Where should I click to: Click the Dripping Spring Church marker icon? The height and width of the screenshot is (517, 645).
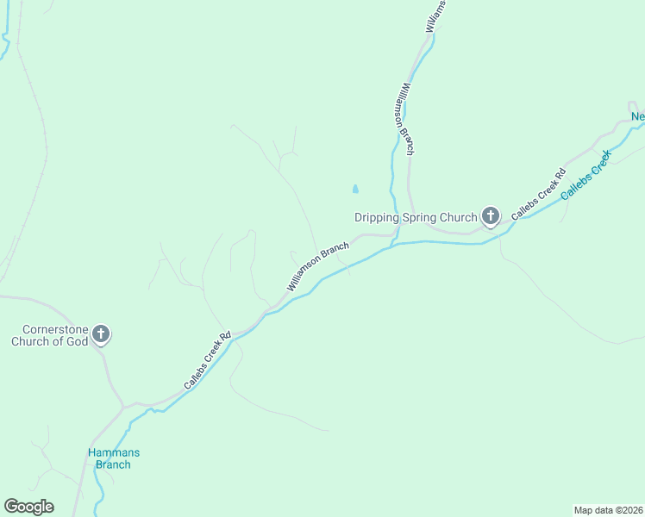point(491,215)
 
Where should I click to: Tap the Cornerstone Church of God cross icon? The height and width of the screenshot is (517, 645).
point(101,333)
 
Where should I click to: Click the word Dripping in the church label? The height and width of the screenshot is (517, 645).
point(377,218)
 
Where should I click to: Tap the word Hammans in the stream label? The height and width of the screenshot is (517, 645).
point(113,453)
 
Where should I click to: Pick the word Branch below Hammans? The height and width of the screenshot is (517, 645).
point(113,465)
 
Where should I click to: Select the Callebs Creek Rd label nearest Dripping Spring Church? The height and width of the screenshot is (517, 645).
point(538,195)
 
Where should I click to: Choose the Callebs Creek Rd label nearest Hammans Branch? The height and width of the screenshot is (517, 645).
point(208,361)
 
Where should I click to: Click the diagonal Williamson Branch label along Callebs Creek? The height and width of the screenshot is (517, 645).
point(318,266)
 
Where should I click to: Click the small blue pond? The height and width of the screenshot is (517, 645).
point(355,188)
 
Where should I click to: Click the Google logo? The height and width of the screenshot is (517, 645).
point(28,507)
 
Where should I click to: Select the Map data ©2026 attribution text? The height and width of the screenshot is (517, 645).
point(608,509)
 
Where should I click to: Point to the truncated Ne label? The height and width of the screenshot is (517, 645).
point(637,117)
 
